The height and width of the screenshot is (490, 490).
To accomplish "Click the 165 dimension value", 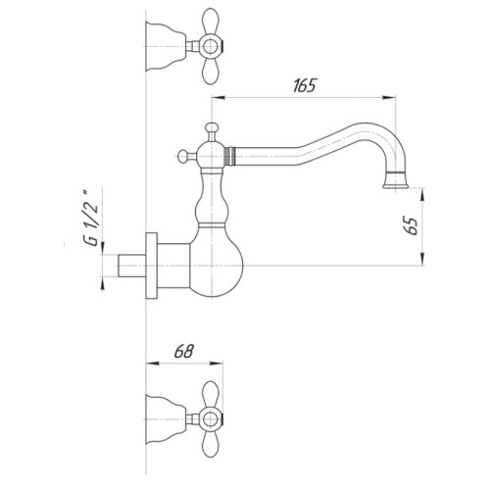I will (304, 85).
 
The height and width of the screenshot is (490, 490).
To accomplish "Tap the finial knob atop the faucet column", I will (209, 128).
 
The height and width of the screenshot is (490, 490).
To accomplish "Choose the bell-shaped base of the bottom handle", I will (166, 413).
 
